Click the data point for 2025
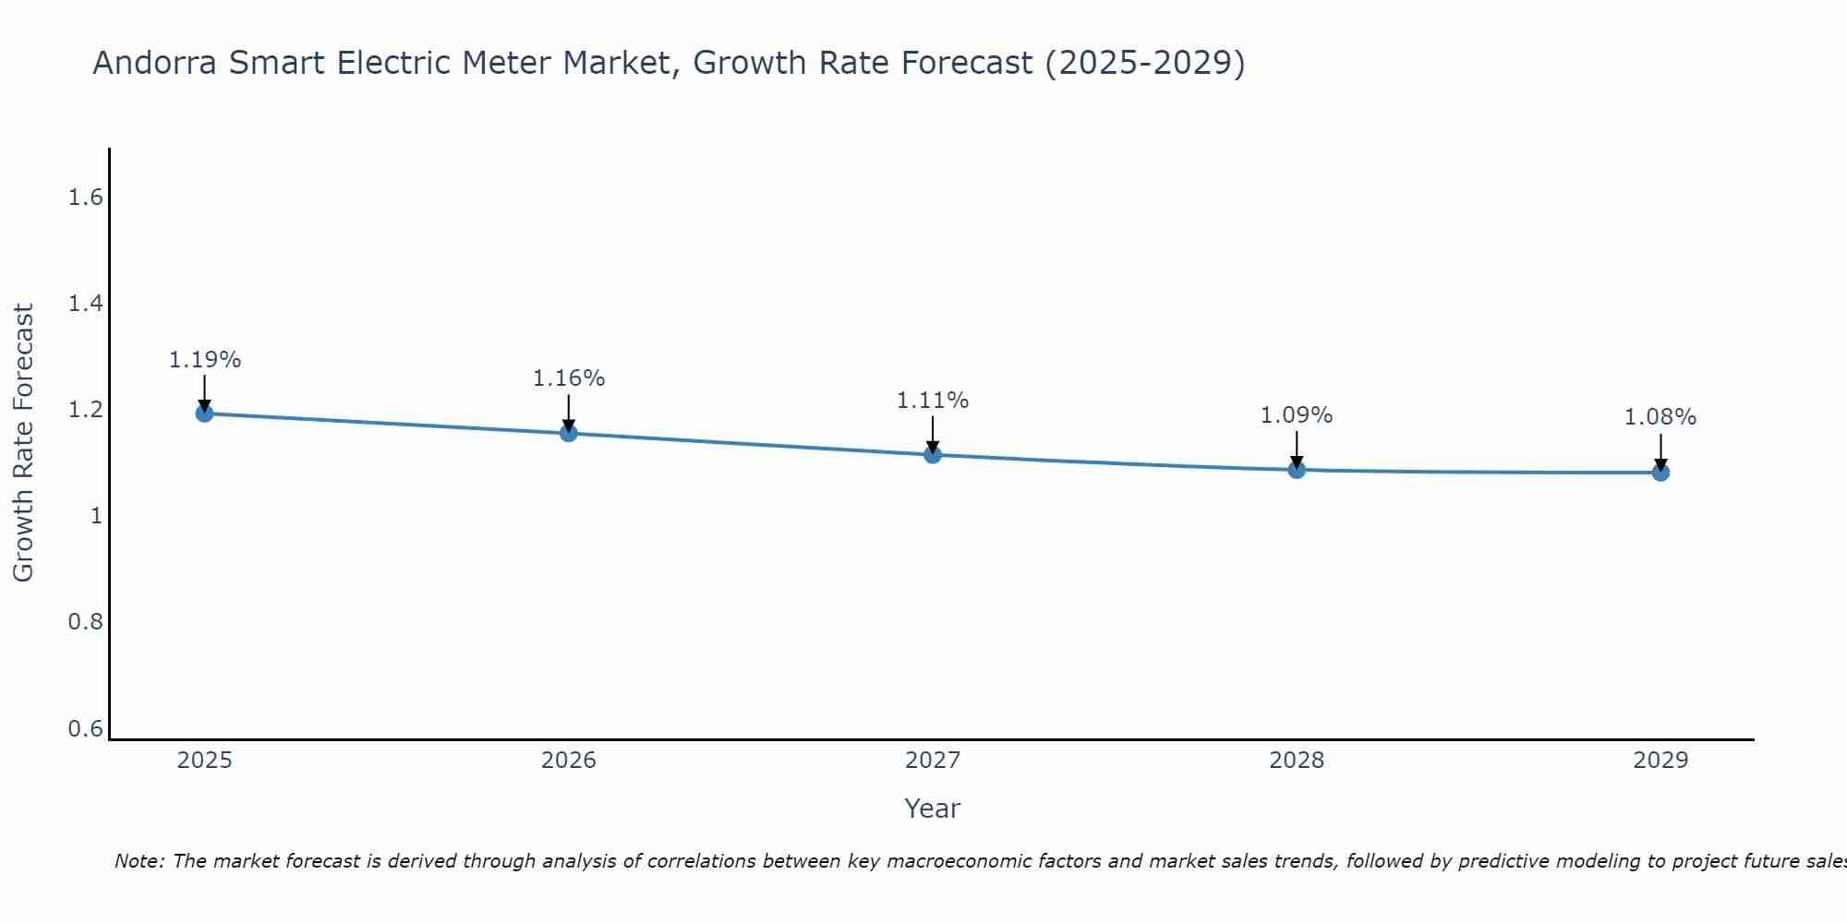tap(204, 413)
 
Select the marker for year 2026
tap(569, 433)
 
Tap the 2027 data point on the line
tap(933, 454)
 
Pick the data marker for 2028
tap(1297, 469)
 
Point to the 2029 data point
tap(1660, 473)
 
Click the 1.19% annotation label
tap(204, 360)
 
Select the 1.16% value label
tap(569, 378)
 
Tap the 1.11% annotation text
tap(933, 401)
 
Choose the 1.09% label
tap(1297, 415)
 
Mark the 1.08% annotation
tap(1660, 417)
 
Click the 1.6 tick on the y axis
tap(86, 198)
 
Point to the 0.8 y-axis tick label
tap(86, 622)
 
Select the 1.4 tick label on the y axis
tap(86, 304)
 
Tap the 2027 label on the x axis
tap(933, 761)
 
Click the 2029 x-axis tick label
tap(1660, 761)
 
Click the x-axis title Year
tap(933, 809)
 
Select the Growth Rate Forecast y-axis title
tap(24, 443)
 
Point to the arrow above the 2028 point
tap(1297, 450)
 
